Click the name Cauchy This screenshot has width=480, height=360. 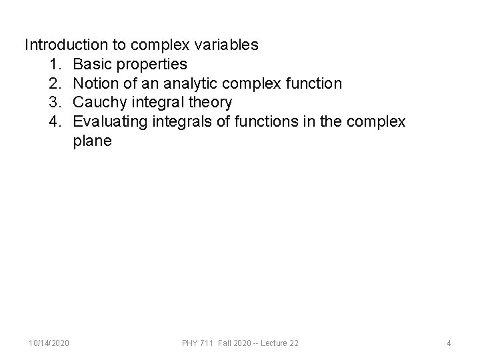[99, 103]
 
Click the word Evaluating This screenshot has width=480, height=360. [107, 122]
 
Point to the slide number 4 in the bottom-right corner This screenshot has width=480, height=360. [449, 343]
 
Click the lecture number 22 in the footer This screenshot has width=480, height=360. [293, 343]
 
